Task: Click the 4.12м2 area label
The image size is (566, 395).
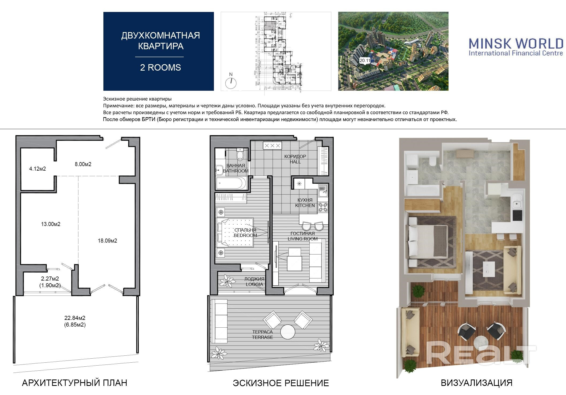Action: pos(37,169)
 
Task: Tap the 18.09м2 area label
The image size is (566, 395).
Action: pos(107,241)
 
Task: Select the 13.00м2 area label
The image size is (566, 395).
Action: pos(51,224)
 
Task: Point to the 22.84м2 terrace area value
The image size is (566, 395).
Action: pos(75,318)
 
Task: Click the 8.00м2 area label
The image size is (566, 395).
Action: pos(83,164)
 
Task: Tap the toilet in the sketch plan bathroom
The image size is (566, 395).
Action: pos(240,154)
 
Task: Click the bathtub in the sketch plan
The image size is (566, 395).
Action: pos(232,183)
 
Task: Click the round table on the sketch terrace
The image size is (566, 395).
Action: pos(288,332)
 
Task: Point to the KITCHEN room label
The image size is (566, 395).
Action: pos(305,205)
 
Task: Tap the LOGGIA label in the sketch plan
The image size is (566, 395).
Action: pos(254,284)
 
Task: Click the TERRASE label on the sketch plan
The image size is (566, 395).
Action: pos(262,337)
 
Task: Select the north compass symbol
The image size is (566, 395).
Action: pos(231,82)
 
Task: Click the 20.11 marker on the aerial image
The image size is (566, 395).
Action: pos(365,61)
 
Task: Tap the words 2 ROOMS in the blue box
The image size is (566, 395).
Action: pos(161,67)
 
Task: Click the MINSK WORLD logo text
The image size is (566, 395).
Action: pos(516,43)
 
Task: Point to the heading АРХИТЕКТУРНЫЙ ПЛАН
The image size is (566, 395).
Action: pos(74,383)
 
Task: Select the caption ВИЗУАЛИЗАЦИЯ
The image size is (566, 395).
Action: pos(477,383)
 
